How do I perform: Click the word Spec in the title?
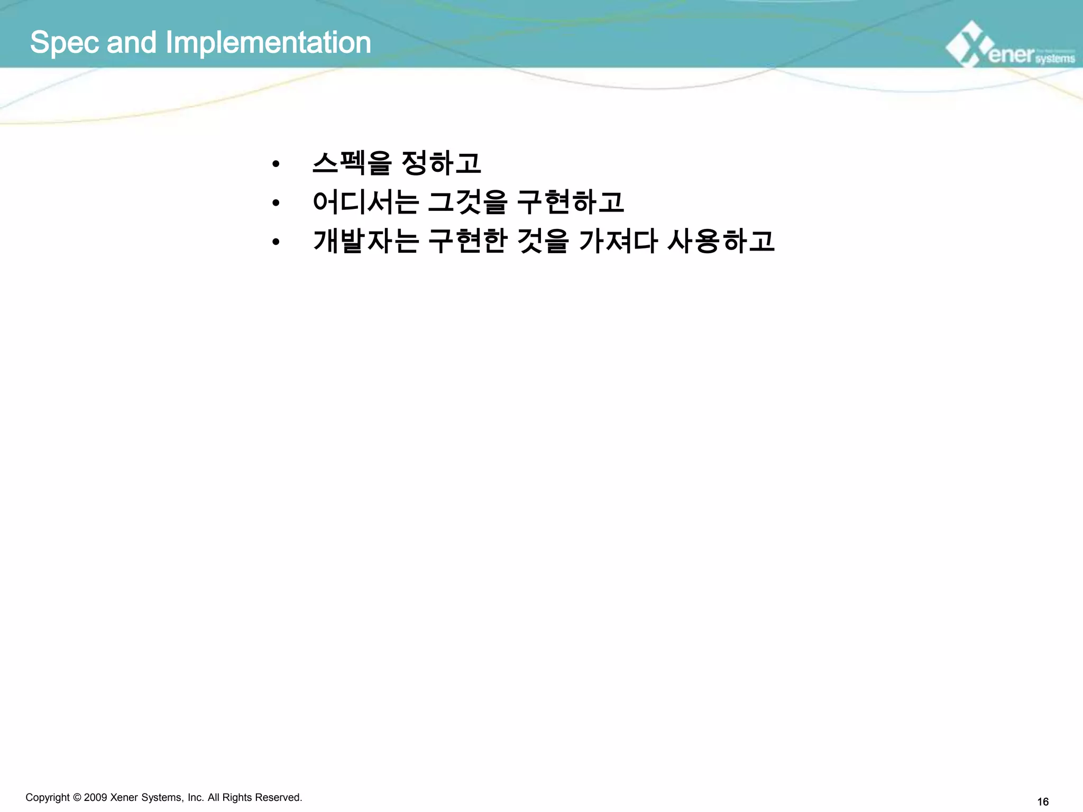64,43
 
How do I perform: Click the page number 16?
1043,802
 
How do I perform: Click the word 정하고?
442,163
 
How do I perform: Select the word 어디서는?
366,202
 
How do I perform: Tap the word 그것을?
467,202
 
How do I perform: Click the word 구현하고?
570,202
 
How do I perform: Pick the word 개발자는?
366,241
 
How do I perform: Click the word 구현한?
467,241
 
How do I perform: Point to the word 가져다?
618,241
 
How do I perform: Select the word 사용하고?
721,241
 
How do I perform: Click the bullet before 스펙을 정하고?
275,164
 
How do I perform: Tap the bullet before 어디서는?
275,203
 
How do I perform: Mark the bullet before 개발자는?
275,242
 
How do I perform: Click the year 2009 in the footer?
96,797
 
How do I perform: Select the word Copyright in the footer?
48,798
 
